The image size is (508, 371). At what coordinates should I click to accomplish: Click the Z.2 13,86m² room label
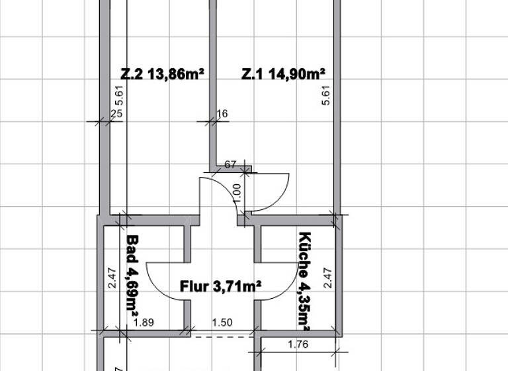coord(161,74)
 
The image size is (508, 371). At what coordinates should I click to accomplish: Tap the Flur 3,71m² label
coord(220,286)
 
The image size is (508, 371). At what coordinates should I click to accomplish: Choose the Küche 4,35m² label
coord(305,281)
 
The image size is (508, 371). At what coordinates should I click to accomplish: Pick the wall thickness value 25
coord(116,114)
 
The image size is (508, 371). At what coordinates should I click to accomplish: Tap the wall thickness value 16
coord(222,114)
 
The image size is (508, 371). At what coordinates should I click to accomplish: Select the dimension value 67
coord(231,164)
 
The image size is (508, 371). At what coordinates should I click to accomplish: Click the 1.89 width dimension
coord(144,323)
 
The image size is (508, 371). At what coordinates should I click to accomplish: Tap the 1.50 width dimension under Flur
coord(222,323)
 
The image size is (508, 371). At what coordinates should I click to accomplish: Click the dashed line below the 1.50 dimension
coord(222,336)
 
